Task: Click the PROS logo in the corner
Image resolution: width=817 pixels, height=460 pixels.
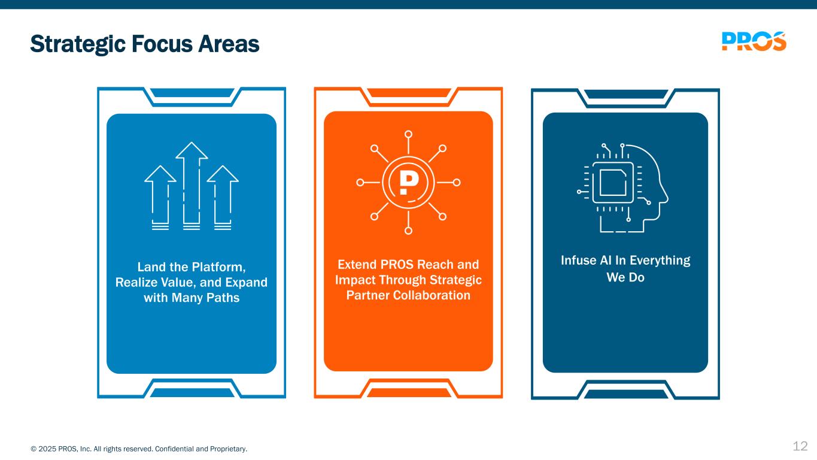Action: pos(754,41)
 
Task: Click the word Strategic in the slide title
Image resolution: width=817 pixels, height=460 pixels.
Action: pos(78,44)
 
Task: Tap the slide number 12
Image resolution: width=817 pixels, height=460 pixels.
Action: pos(800,446)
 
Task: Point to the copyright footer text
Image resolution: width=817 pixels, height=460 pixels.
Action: pos(139,449)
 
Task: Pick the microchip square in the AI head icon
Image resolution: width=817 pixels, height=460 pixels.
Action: pos(613,183)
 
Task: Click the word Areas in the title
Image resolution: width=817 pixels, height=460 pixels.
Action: pos(229,44)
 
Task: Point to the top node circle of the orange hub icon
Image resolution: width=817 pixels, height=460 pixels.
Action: pos(408,134)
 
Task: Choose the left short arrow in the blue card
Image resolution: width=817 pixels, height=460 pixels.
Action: pos(160,198)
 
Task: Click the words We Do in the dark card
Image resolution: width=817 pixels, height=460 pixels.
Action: pos(625,277)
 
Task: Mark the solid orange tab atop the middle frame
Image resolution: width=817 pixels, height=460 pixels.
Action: pos(408,93)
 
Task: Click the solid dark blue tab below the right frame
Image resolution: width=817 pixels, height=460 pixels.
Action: pos(626,394)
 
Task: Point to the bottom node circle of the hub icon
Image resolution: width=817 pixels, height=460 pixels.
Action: pos(408,231)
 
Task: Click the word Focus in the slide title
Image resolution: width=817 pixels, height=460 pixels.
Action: pos(162,44)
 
